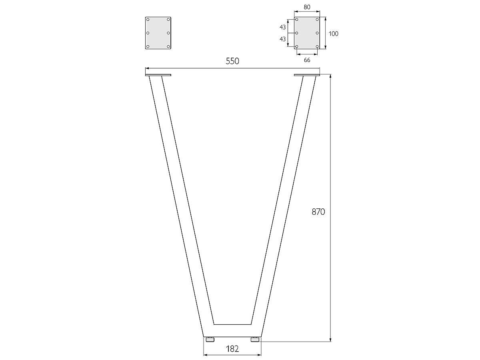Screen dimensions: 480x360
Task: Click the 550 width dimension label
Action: point(232,61)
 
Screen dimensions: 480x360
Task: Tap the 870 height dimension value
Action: point(318,212)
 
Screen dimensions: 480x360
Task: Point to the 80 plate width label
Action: point(307,7)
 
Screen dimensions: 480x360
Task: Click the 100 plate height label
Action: point(334,34)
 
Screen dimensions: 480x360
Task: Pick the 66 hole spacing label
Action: point(307,60)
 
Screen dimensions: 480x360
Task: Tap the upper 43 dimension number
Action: point(282,27)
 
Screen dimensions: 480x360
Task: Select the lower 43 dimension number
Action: point(282,39)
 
